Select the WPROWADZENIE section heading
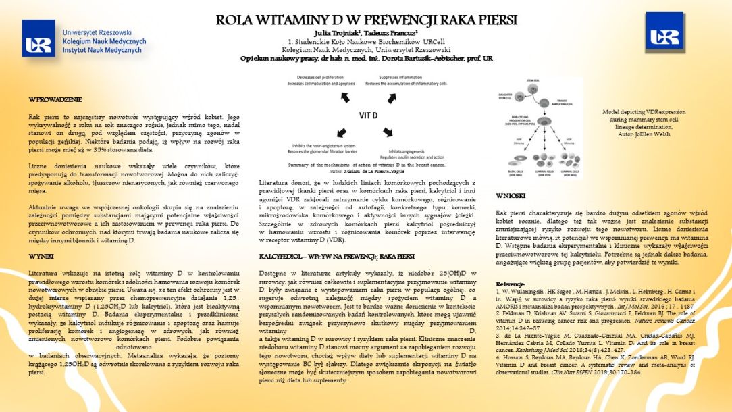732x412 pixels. (55, 100)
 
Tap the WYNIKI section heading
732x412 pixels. (42, 257)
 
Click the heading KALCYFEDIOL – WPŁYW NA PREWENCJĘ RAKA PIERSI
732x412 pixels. (337, 257)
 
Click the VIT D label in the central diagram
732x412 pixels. (368, 115)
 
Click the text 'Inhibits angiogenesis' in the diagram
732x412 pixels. (410, 151)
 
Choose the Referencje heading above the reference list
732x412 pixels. (511, 284)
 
